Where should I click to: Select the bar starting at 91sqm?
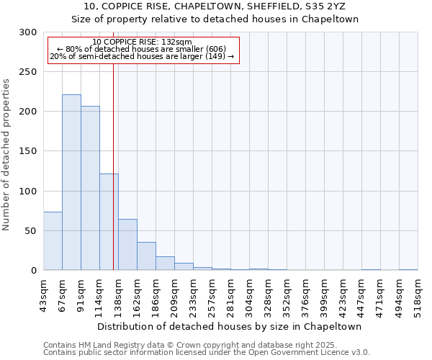pos(90,188)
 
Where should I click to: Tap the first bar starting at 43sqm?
pos(53,241)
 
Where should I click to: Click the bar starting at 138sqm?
pos(127,245)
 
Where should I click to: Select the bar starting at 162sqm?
pos(146,256)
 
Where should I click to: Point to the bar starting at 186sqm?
pos(165,264)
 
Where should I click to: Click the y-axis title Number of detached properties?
pos(6,155)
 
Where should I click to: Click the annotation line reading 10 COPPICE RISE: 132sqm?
pos(142,42)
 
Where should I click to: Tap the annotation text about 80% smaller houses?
pos(142,49)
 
